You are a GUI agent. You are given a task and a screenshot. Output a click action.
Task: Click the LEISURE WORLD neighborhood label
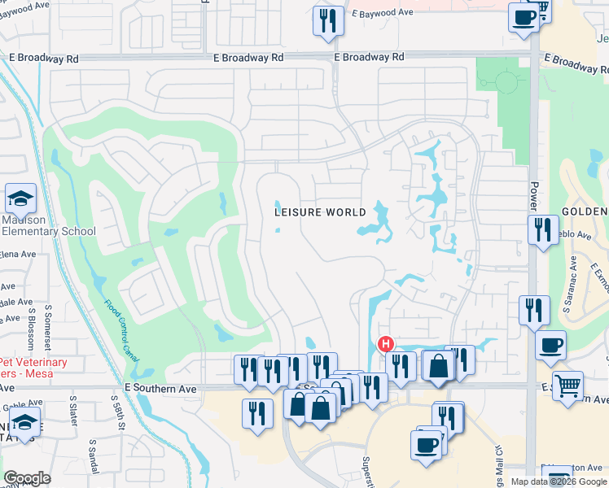click(x=319, y=212)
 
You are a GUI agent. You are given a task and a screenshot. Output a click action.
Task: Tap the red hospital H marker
click(x=386, y=344)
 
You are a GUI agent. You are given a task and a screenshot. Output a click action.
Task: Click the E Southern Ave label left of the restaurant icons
click(x=162, y=390)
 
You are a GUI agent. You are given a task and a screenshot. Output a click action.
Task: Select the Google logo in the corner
click(x=27, y=478)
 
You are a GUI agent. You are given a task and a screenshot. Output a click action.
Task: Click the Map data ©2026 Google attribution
click(x=559, y=481)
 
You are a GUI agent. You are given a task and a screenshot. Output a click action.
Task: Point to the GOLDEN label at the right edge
click(x=584, y=211)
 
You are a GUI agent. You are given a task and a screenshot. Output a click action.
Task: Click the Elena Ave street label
click(x=17, y=254)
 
